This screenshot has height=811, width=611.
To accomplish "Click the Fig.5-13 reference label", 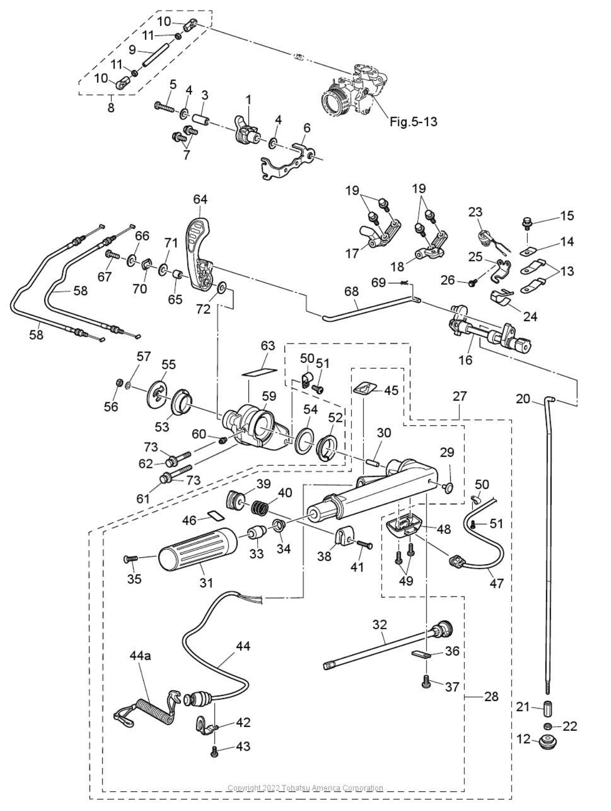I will (x=413, y=122).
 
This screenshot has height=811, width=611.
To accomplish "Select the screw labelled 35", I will (x=130, y=559).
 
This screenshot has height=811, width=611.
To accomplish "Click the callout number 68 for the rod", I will (x=351, y=292).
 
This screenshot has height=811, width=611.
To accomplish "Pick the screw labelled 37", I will (x=426, y=681).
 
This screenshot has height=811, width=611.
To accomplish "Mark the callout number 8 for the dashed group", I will (x=111, y=107).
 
